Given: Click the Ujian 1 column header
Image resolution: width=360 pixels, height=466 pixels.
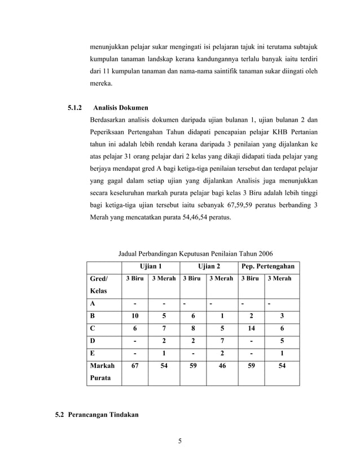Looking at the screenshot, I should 151,266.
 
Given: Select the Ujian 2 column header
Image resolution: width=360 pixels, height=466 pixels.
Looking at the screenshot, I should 208,266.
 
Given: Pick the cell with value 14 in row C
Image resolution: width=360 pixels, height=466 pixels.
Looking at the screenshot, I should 252,329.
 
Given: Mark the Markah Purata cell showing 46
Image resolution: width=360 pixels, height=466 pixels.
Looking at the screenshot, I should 222,366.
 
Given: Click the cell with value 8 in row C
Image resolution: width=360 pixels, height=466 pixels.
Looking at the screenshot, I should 193,329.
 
